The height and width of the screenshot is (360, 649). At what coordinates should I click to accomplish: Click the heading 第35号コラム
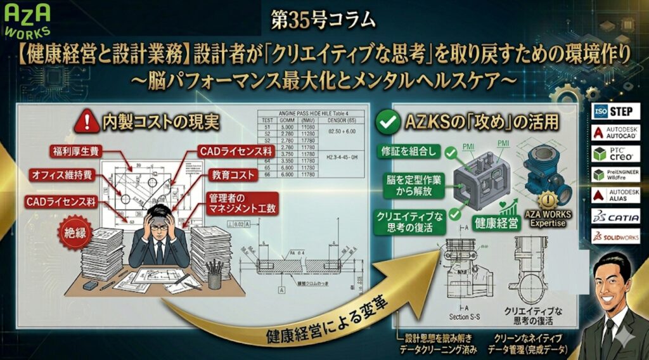click(323, 20)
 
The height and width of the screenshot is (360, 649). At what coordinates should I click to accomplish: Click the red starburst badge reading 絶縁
click(72, 232)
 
